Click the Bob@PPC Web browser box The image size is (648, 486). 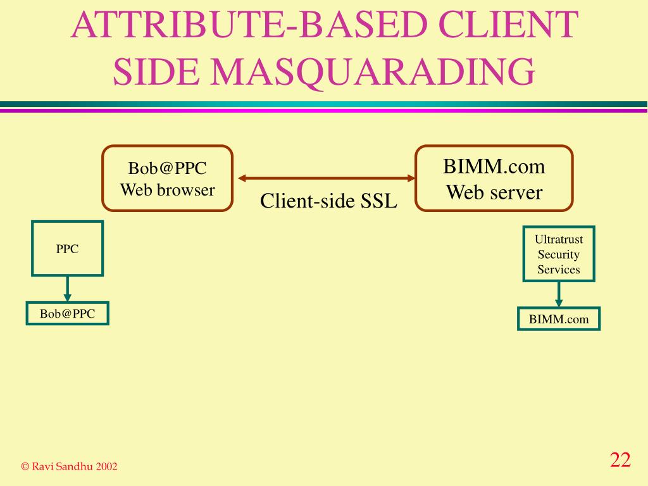(x=168, y=178)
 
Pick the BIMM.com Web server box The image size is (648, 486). (x=494, y=178)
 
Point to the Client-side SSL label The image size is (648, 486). (x=328, y=201)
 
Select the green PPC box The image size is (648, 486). (x=67, y=248)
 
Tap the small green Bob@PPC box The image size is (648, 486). (x=67, y=313)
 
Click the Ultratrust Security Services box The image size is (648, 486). (x=558, y=254)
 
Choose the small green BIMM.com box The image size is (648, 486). (x=558, y=319)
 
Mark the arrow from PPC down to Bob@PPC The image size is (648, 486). (x=67, y=289)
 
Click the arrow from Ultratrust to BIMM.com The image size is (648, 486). (x=558, y=294)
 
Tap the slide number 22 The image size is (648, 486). (x=620, y=460)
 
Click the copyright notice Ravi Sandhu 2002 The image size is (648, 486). (x=70, y=466)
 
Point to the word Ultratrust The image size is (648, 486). (x=558, y=240)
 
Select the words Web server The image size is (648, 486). (x=494, y=192)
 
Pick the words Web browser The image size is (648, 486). (x=168, y=189)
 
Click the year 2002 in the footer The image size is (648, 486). (x=107, y=466)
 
